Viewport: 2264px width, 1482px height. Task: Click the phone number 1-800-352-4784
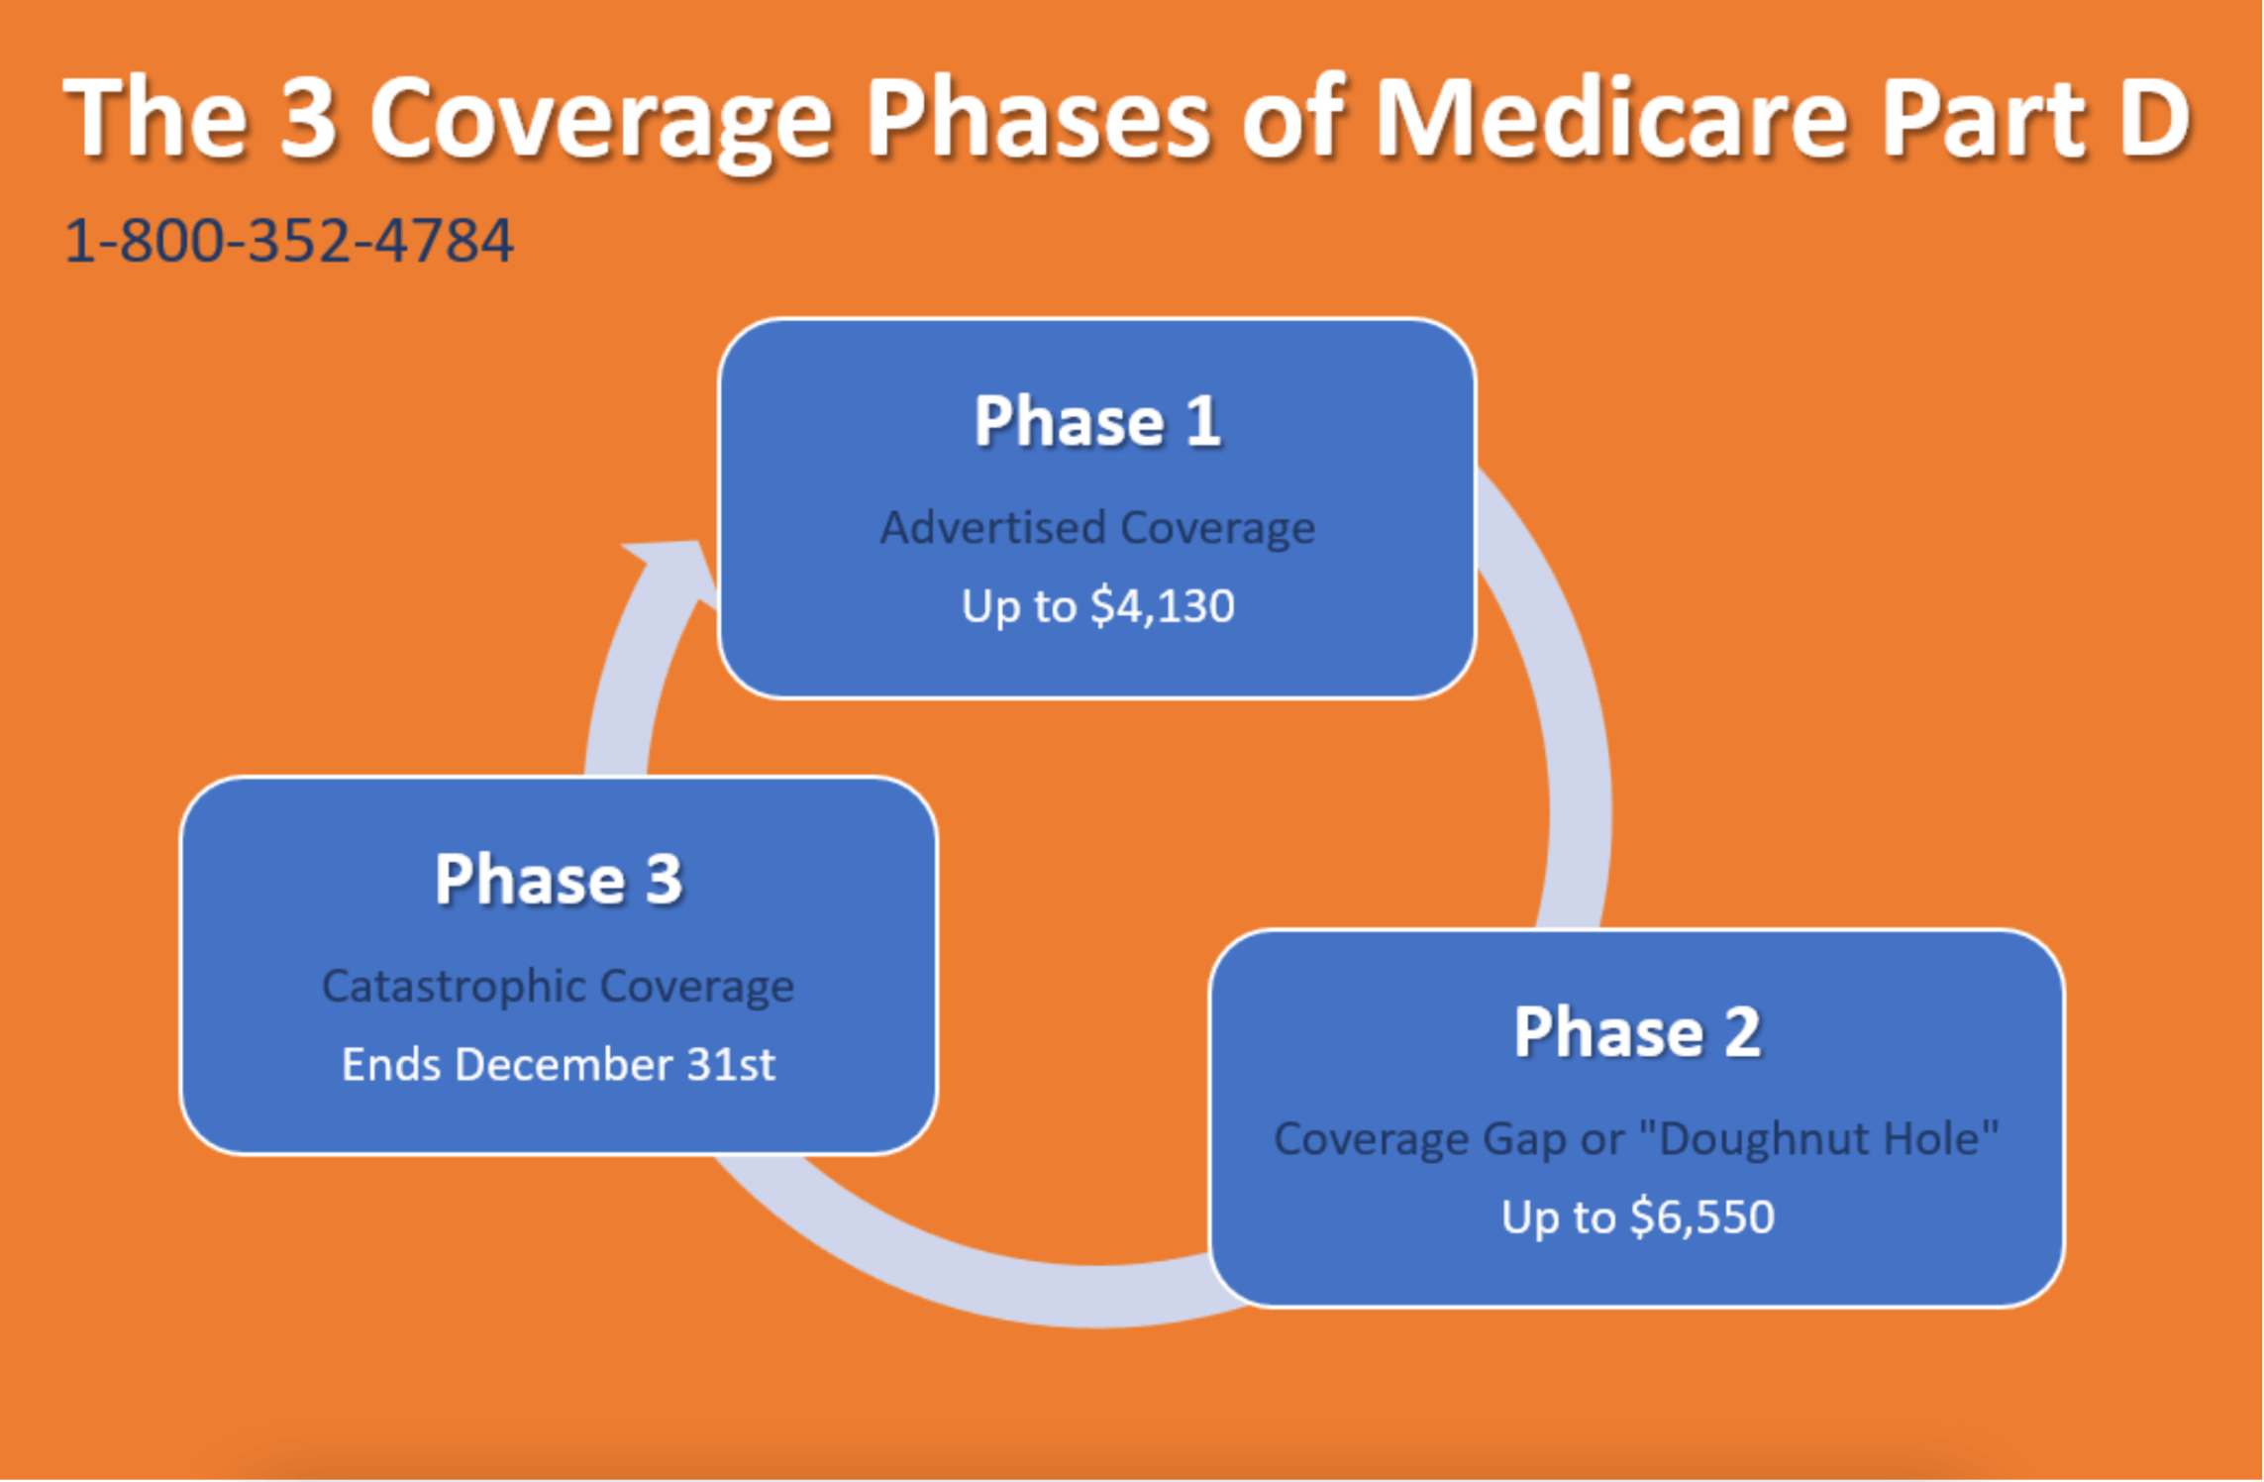(x=288, y=241)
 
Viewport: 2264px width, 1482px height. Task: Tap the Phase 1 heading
(x=1097, y=421)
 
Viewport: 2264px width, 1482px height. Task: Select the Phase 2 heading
(x=1637, y=1032)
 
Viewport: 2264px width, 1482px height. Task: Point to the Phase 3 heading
(x=559, y=879)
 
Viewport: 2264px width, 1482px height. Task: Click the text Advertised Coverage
(x=1097, y=528)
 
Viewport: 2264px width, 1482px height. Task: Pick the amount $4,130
(x=1163, y=605)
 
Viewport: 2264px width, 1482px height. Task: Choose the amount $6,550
(x=1702, y=1217)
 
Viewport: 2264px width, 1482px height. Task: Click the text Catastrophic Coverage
(x=559, y=987)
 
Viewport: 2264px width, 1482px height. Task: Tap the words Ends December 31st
(x=559, y=1064)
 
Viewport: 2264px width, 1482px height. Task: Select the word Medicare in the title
(x=1612, y=117)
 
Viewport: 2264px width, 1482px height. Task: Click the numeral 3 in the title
(x=308, y=117)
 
